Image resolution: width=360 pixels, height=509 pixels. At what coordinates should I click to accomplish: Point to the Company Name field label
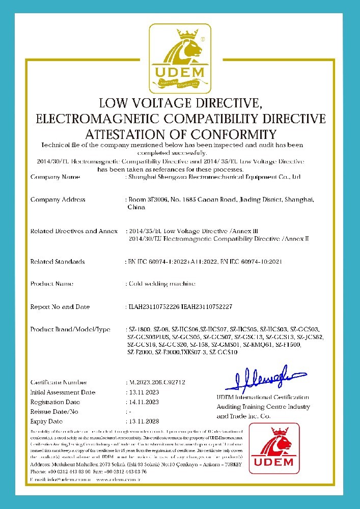[55, 177]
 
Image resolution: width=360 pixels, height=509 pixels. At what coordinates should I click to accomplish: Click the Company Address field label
[58, 200]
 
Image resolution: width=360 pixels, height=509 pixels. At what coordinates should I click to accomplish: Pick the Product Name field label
[52, 284]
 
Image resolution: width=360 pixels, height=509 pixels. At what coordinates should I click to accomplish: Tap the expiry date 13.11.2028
[142, 421]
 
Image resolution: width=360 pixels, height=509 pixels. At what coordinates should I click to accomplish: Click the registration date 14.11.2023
[142, 402]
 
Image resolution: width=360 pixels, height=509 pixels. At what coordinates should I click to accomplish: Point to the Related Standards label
[57, 262]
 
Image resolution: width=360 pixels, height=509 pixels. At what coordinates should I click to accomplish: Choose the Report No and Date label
[60, 307]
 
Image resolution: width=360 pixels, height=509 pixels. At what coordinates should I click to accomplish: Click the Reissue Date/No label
[54, 412]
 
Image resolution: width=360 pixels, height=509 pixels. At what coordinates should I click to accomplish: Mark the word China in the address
[136, 208]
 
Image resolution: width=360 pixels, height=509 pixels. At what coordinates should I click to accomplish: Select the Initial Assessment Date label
[63, 392]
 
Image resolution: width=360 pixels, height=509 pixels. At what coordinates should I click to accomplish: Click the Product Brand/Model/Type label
[70, 329]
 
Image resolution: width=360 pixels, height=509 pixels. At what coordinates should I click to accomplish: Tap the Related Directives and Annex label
[74, 231]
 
